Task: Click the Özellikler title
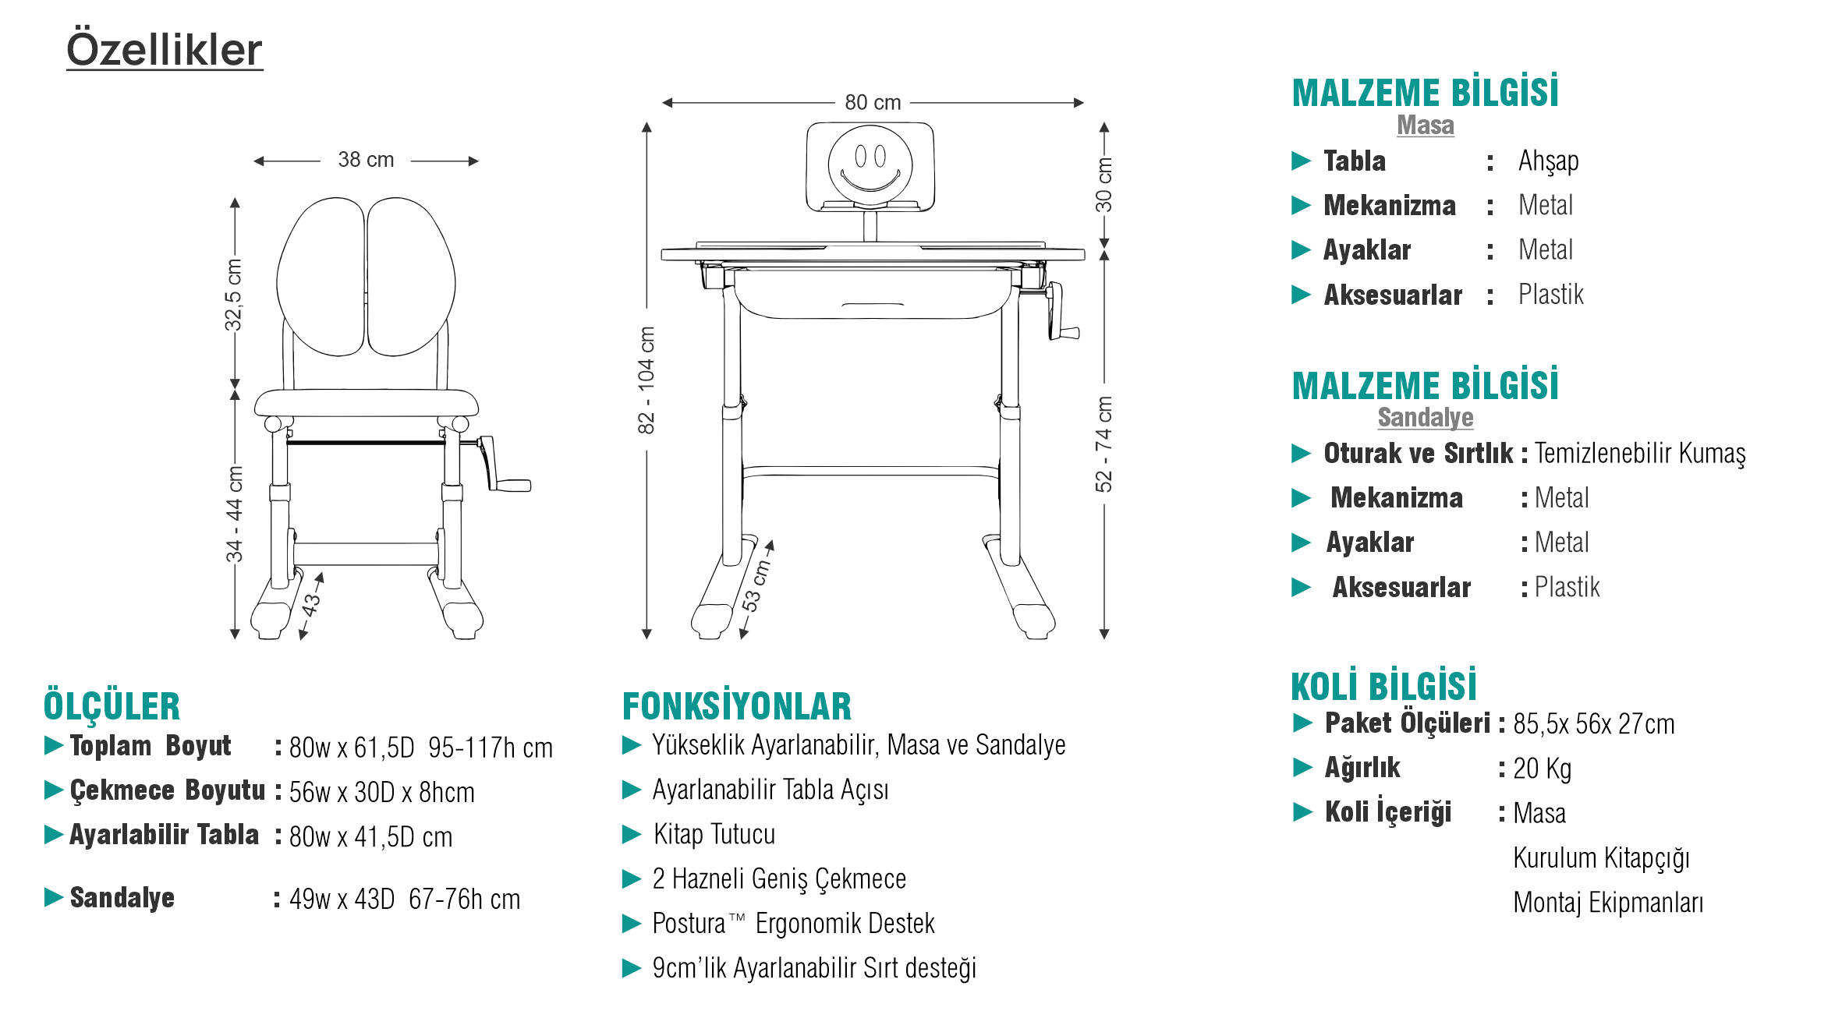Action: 164,50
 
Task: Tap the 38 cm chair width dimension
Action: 366,160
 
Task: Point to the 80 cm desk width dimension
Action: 873,102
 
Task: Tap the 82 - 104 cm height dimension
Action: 646,380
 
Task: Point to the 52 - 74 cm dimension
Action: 1103,444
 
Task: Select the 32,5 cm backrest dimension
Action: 233,295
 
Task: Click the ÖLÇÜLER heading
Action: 112,706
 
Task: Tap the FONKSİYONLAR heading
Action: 736,706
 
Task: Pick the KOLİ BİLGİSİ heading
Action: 1383,686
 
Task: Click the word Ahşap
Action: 1548,161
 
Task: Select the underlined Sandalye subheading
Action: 1425,418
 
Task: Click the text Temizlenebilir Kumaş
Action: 1640,453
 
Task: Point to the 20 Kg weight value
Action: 1542,769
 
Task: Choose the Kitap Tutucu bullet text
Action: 714,835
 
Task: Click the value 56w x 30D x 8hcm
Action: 381,793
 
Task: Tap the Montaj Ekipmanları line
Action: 1607,903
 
